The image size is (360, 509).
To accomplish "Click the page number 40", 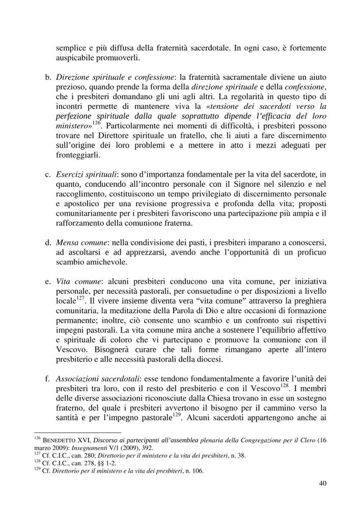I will pos(322,483).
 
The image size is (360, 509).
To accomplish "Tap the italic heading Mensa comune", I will pos(81,243).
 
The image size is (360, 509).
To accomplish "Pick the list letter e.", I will pos(48,281).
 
